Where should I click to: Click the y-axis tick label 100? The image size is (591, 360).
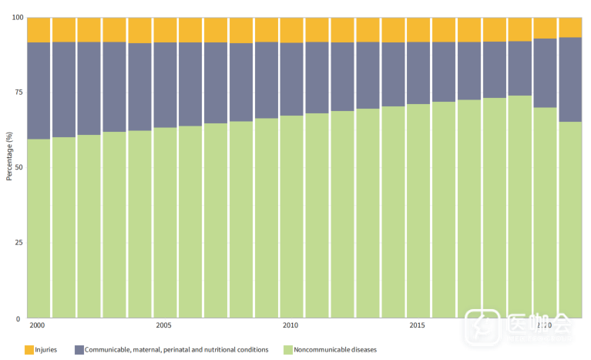click(x=16, y=17)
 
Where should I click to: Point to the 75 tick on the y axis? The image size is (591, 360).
click(x=18, y=93)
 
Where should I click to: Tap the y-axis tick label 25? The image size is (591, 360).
click(x=18, y=243)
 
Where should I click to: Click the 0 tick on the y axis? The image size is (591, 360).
click(x=20, y=318)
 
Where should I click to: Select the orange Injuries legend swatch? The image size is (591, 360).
click(x=29, y=350)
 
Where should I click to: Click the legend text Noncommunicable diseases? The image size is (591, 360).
click(x=335, y=350)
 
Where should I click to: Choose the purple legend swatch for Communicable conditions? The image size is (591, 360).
click(x=79, y=350)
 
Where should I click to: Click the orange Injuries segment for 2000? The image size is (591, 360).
click(x=39, y=29)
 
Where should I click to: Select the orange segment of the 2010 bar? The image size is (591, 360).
click(x=291, y=29)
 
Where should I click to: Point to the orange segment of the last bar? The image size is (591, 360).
click(x=570, y=27)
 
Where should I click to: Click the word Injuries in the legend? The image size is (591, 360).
click(x=46, y=350)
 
